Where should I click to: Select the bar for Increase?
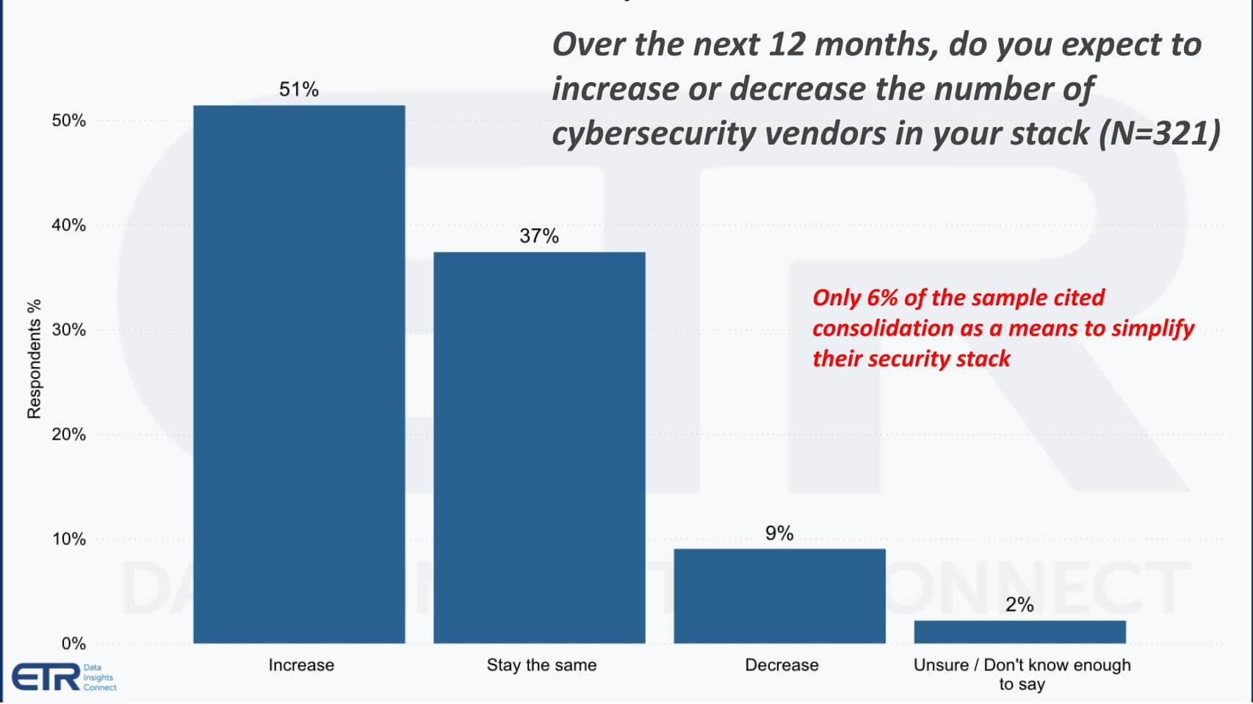pos(299,374)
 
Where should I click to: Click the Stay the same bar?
pos(539,448)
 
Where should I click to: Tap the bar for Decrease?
pos(779,596)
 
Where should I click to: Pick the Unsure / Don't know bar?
pos(1019,632)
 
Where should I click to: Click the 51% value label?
pos(299,90)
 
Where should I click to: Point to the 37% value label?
pos(539,236)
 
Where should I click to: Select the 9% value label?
pos(779,533)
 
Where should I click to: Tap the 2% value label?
pos(1019,605)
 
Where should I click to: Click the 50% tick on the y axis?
pos(68,120)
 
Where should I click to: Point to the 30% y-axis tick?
pos(68,330)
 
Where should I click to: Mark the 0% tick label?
pos(73,644)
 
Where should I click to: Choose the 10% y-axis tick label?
pos(68,539)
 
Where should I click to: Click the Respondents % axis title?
pos(34,359)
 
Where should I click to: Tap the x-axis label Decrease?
pos(781,665)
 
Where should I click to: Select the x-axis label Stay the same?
pos(541,665)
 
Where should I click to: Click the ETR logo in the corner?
pos(46,677)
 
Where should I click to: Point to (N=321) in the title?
pos(1160,134)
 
